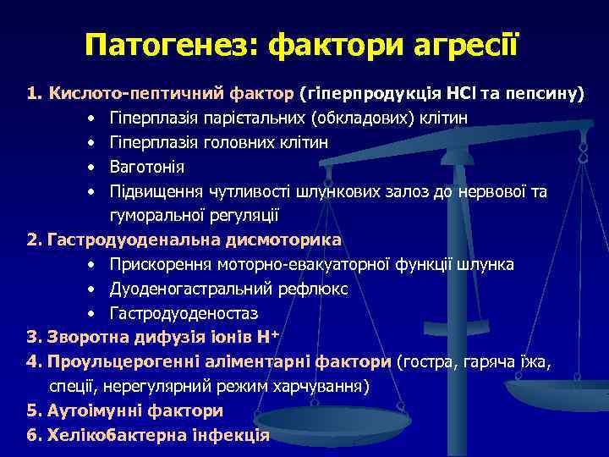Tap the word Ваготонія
point(146,167)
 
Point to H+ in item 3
point(270,338)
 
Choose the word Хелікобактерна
point(110,436)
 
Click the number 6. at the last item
point(35,436)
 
